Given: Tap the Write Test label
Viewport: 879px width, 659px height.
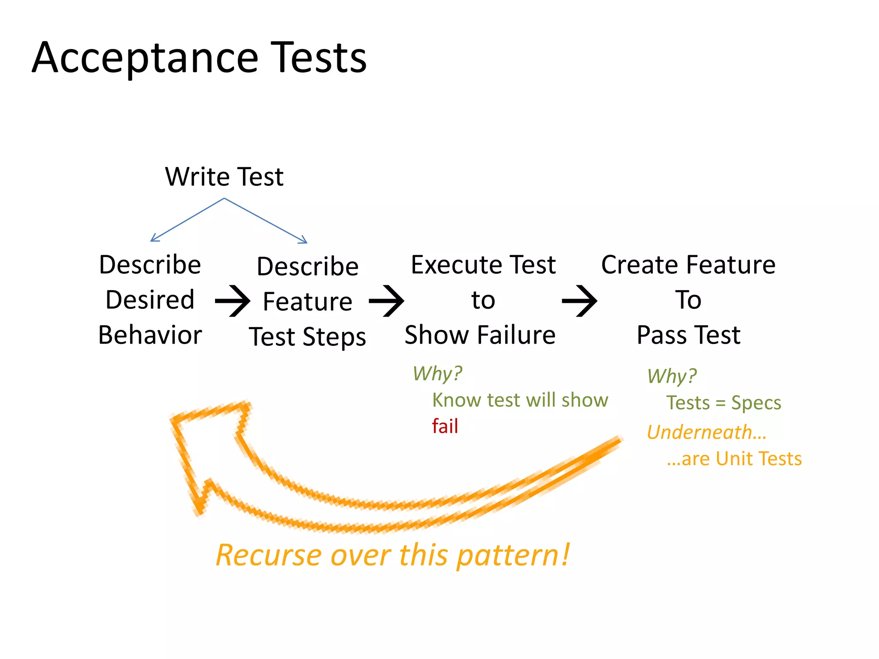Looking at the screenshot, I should pyautogui.click(x=224, y=177).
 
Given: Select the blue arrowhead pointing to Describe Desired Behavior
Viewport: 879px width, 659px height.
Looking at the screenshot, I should pyautogui.click(x=153, y=239).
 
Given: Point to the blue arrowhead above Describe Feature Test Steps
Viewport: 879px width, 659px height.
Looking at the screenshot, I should pyautogui.click(x=304, y=240).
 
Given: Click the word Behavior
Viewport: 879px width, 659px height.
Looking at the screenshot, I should pyautogui.click(x=150, y=335).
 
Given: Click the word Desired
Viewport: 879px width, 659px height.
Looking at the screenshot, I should pyautogui.click(x=150, y=299).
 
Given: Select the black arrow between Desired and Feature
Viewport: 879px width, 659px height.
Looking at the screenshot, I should pyautogui.click(x=233, y=301).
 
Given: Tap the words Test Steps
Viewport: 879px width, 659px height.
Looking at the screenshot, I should pyautogui.click(x=307, y=337).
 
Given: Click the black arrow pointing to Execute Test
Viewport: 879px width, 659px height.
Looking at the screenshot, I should pyautogui.click(x=387, y=301).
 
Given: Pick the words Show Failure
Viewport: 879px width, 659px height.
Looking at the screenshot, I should pyautogui.click(x=480, y=335).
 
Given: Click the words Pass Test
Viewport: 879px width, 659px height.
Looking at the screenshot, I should pyautogui.click(x=688, y=335).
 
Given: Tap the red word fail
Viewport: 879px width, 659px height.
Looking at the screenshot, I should pyautogui.click(x=445, y=426).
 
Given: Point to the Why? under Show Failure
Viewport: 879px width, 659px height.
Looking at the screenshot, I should pyautogui.click(x=437, y=374).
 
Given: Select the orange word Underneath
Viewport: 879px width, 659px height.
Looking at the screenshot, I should pyautogui.click(x=700, y=432).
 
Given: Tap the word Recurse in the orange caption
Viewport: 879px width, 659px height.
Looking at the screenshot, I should pyautogui.click(x=268, y=556).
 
